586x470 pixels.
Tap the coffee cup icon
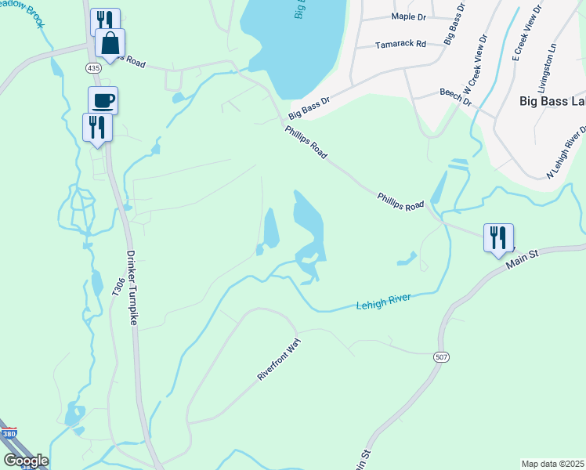[x=103, y=100]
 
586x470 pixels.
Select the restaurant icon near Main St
[x=498, y=238]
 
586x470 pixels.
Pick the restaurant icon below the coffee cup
[x=97, y=128]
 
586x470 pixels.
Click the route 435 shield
[x=94, y=69]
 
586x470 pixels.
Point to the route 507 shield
[x=442, y=356]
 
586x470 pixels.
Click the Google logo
[x=26, y=461]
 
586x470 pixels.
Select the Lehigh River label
[x=384, y=300]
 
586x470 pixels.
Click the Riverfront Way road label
[x=279, y=360]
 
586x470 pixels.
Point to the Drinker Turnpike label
[x=132, y=287]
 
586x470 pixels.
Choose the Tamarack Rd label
[x=400, y=45]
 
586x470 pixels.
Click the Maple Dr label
[x=407, y=16]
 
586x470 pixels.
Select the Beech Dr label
[x=455, y=96]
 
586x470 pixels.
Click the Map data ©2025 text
[x=552, y=464]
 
